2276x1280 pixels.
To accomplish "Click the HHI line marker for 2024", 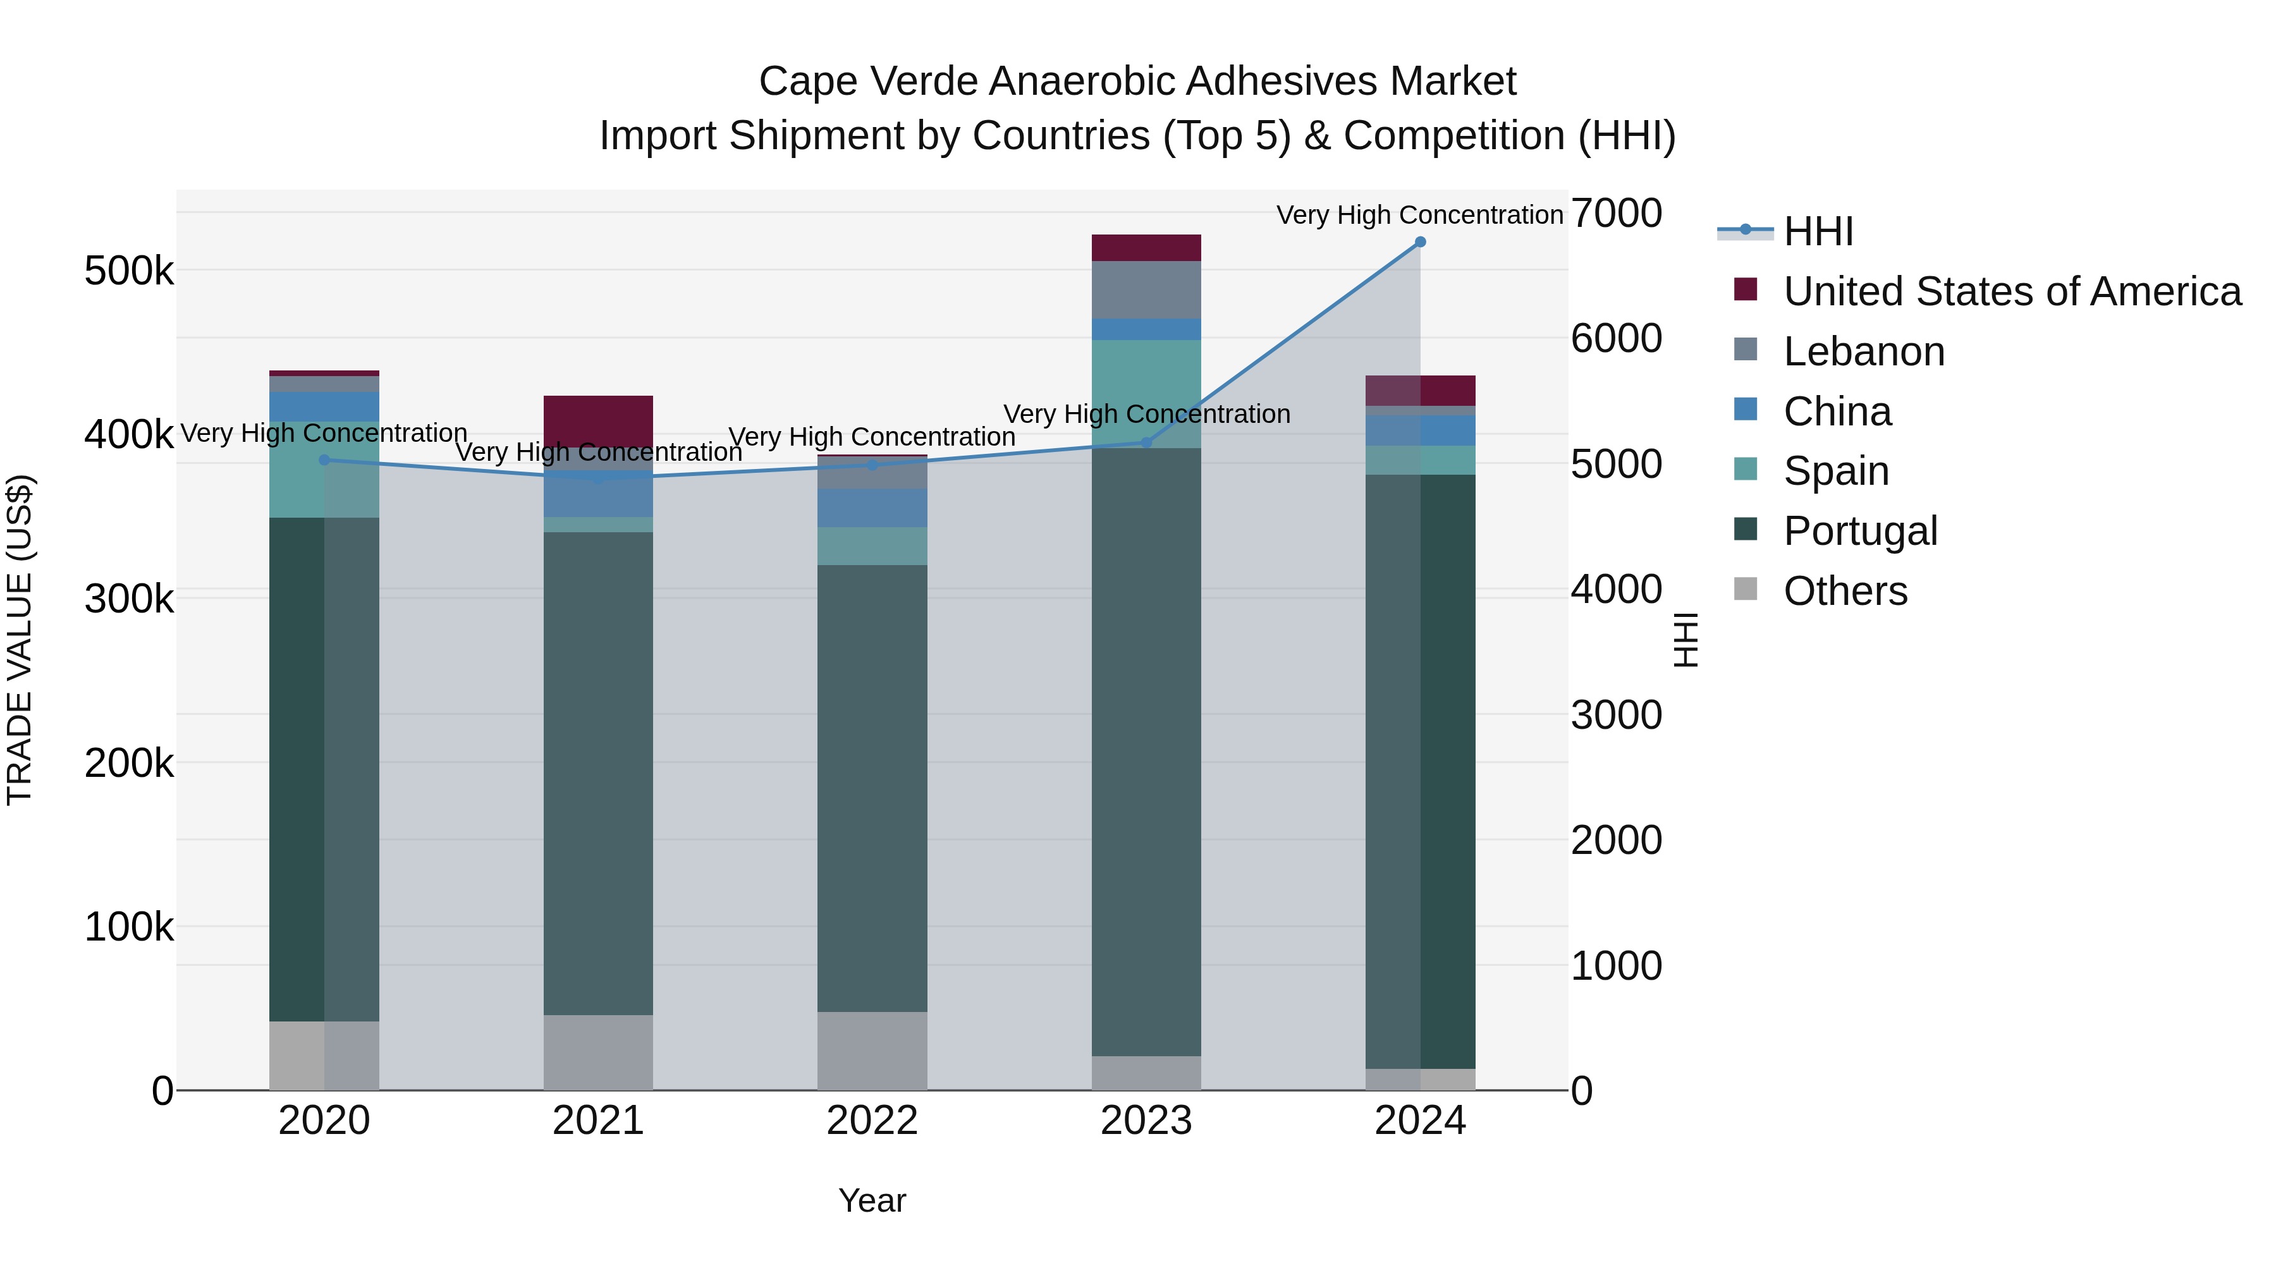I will point(1420,242).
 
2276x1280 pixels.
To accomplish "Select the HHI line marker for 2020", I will point(324,460).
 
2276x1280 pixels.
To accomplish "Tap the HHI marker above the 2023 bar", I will point(1147,442).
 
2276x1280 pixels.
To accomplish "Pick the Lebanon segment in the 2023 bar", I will point(1147,290).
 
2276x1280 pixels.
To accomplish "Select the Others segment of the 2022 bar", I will point(872,1051).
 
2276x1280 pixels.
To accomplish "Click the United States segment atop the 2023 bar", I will point(1147,248).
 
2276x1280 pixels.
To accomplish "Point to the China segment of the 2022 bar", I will point(872,508).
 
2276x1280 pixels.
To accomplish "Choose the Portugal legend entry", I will point(1860,531).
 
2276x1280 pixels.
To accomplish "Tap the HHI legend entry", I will point(1818,231).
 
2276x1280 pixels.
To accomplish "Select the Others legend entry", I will point(1845,591).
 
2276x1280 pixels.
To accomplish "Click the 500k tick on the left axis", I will point(129,271).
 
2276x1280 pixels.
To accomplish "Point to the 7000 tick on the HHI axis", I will point(1616,213).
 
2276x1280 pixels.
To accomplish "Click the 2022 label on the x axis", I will point(872,1121).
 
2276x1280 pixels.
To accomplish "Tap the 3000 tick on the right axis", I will point(1616,715).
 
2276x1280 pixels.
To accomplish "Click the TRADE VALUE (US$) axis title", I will point(20,640).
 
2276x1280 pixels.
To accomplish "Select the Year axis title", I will point(872,1200).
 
